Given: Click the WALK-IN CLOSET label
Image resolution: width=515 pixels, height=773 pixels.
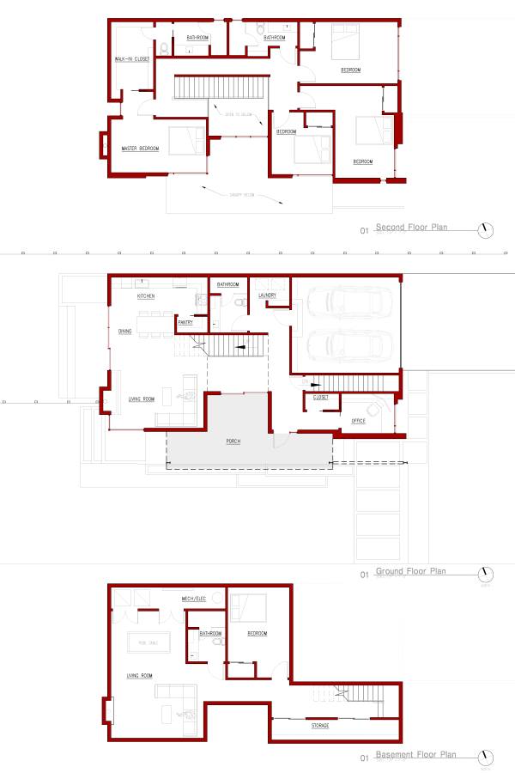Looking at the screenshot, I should tap(132, 58).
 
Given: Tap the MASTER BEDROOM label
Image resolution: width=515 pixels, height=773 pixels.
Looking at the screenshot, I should tap(141, 149).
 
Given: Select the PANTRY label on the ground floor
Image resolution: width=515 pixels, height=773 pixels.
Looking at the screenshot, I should tap(185, 322).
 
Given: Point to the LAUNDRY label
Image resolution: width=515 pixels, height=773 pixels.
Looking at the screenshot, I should tap(266, 295).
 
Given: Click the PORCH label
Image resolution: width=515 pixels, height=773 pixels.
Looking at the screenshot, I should tap(233, 441).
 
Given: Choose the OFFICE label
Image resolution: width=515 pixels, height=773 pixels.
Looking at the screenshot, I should tap(359, 421).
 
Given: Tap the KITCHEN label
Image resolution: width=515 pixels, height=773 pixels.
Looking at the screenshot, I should tap(146, 295).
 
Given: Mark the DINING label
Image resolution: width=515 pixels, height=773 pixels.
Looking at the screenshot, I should tap(125, 330).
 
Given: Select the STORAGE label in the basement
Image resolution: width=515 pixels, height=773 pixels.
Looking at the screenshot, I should tap(320, 726).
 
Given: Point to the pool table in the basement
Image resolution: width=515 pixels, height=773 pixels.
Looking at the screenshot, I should tap(148, 642).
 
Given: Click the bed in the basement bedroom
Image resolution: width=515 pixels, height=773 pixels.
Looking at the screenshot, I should tap(249, 606).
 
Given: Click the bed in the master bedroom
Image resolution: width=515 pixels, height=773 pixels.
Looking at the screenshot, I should tap(187, 140).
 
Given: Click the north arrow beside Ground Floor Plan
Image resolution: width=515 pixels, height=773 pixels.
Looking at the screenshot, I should tap(487, 573).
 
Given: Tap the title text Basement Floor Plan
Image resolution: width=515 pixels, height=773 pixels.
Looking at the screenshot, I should tap(415, 756).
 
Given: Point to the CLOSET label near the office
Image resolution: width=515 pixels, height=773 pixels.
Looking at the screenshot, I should tap(321, 398).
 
